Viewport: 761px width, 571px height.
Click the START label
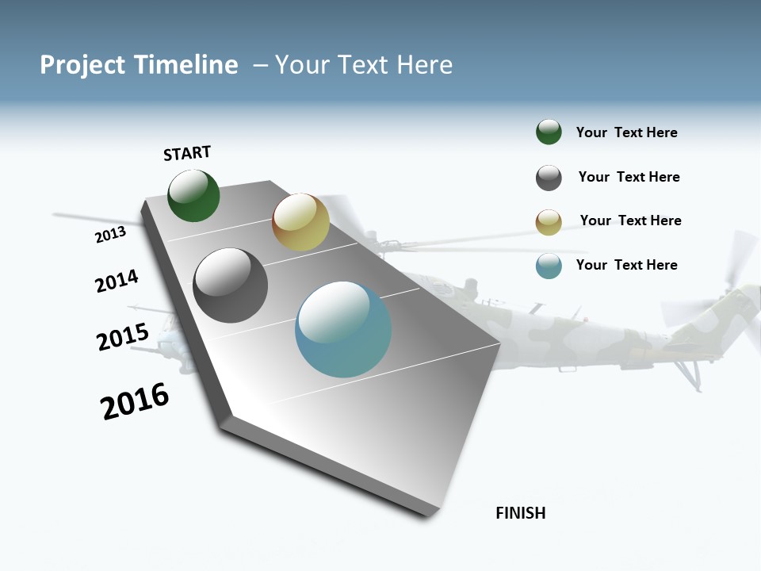point(187,153)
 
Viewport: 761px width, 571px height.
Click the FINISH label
point(520,513)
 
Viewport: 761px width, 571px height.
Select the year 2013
point(110,235)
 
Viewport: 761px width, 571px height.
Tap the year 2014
point(117,281)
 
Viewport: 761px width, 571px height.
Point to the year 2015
point(122,337)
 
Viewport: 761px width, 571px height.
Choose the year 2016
point(135,401)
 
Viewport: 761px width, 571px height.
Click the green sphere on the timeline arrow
point(193,196)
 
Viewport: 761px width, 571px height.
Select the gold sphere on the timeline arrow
point(300,222)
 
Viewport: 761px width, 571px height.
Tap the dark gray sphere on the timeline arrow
point(231,285)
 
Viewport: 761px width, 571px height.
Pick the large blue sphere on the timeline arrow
point(343,329)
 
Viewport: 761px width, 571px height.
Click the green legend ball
point(549,132)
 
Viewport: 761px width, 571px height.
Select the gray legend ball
point(549,178)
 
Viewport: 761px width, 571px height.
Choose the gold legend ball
point(549,222)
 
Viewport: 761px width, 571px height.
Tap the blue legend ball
point(549,266)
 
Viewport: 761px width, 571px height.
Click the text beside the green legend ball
point(626,132)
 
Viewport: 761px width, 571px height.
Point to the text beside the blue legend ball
point(626,265)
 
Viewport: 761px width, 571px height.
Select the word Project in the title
point(82,65)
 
